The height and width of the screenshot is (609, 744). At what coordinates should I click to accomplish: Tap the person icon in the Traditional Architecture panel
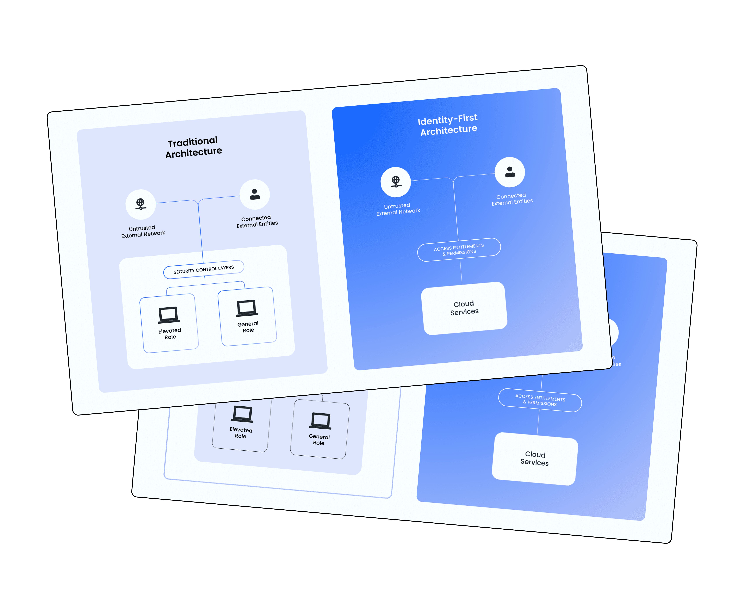(x=255, y=194)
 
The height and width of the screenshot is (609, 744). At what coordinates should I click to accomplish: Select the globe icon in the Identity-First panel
(x=396, y=182)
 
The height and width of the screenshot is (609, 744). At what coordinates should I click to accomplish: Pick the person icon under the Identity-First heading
(x=510, y=172)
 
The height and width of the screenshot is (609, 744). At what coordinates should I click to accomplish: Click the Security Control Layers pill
(x=204, y=269)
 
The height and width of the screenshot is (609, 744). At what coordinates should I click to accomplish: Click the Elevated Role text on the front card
(x=170, y=334)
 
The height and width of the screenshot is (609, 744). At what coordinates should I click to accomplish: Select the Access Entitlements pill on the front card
(x=459, y=249)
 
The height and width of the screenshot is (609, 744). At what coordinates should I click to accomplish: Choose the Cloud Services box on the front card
(x=464, y=308)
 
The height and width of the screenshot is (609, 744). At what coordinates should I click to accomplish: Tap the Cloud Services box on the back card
(x=535, y=459)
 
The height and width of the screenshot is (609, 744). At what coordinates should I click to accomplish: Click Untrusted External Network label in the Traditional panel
(x=143, y=232)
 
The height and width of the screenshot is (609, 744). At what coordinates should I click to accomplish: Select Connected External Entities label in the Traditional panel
(x=257, y=221)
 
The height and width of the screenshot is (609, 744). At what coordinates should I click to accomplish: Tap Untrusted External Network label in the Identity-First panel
(x=398, y=209)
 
